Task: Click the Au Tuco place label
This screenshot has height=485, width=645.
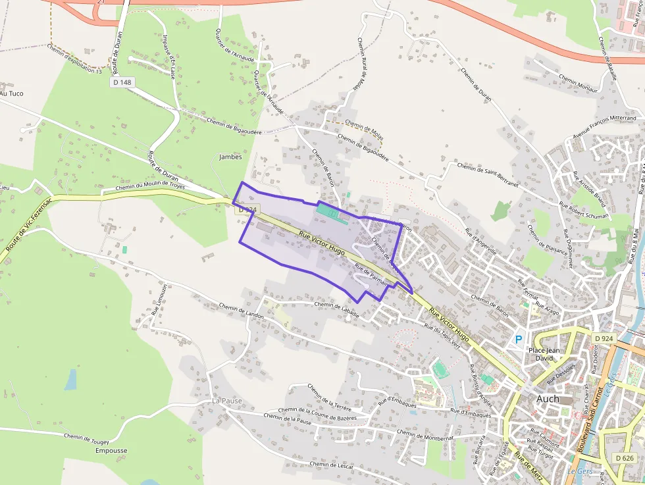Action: (12, 93)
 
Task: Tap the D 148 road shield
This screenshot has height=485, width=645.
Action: (122, 82)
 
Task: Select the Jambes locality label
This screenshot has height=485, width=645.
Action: (230, 157)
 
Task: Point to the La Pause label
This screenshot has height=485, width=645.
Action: (227, 400)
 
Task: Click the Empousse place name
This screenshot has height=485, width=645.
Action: (111, 451)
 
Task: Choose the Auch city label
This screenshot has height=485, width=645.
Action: (548, 399)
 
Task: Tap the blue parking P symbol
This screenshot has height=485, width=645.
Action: (519, 340)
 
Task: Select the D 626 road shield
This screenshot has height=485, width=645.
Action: (625, 457)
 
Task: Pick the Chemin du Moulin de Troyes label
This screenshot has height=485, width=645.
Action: (151, 188)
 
